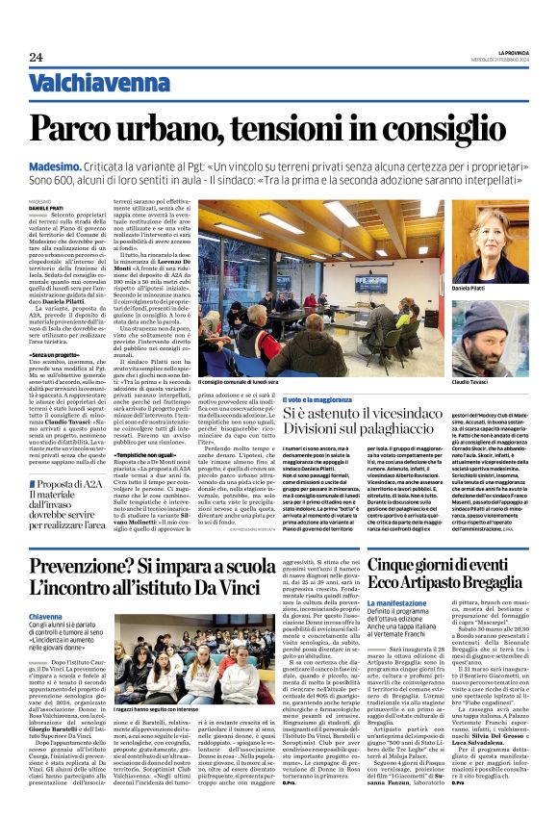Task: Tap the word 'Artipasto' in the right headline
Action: [x=467, y=585]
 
